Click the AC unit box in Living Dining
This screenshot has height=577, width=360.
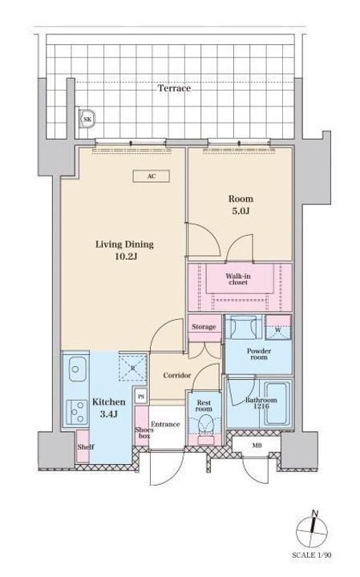coord(151,176)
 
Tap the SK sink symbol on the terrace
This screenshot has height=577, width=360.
coord(87,119)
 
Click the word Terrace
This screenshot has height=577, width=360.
coord(175,88)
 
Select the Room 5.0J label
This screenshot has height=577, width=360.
coord(241,205)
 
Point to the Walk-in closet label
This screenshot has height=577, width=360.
coord(238,279)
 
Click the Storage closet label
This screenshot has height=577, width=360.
coord(204,327)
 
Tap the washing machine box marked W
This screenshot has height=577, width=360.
coord(278,327)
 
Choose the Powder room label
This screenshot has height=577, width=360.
coord(259,353)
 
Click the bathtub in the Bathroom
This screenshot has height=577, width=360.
coord(277,404)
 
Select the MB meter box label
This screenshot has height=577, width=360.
coord(257,446)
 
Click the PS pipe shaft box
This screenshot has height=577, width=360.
coord(141,397)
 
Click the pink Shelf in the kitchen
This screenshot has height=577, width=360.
coord(83,446)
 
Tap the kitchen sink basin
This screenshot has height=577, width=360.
coord(78,369)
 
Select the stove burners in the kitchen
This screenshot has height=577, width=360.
coord(76,412)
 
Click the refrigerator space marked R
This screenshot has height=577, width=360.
coord(133,367)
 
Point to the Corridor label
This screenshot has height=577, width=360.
coord(177,375)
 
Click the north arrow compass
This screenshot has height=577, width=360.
coord(312,530)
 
